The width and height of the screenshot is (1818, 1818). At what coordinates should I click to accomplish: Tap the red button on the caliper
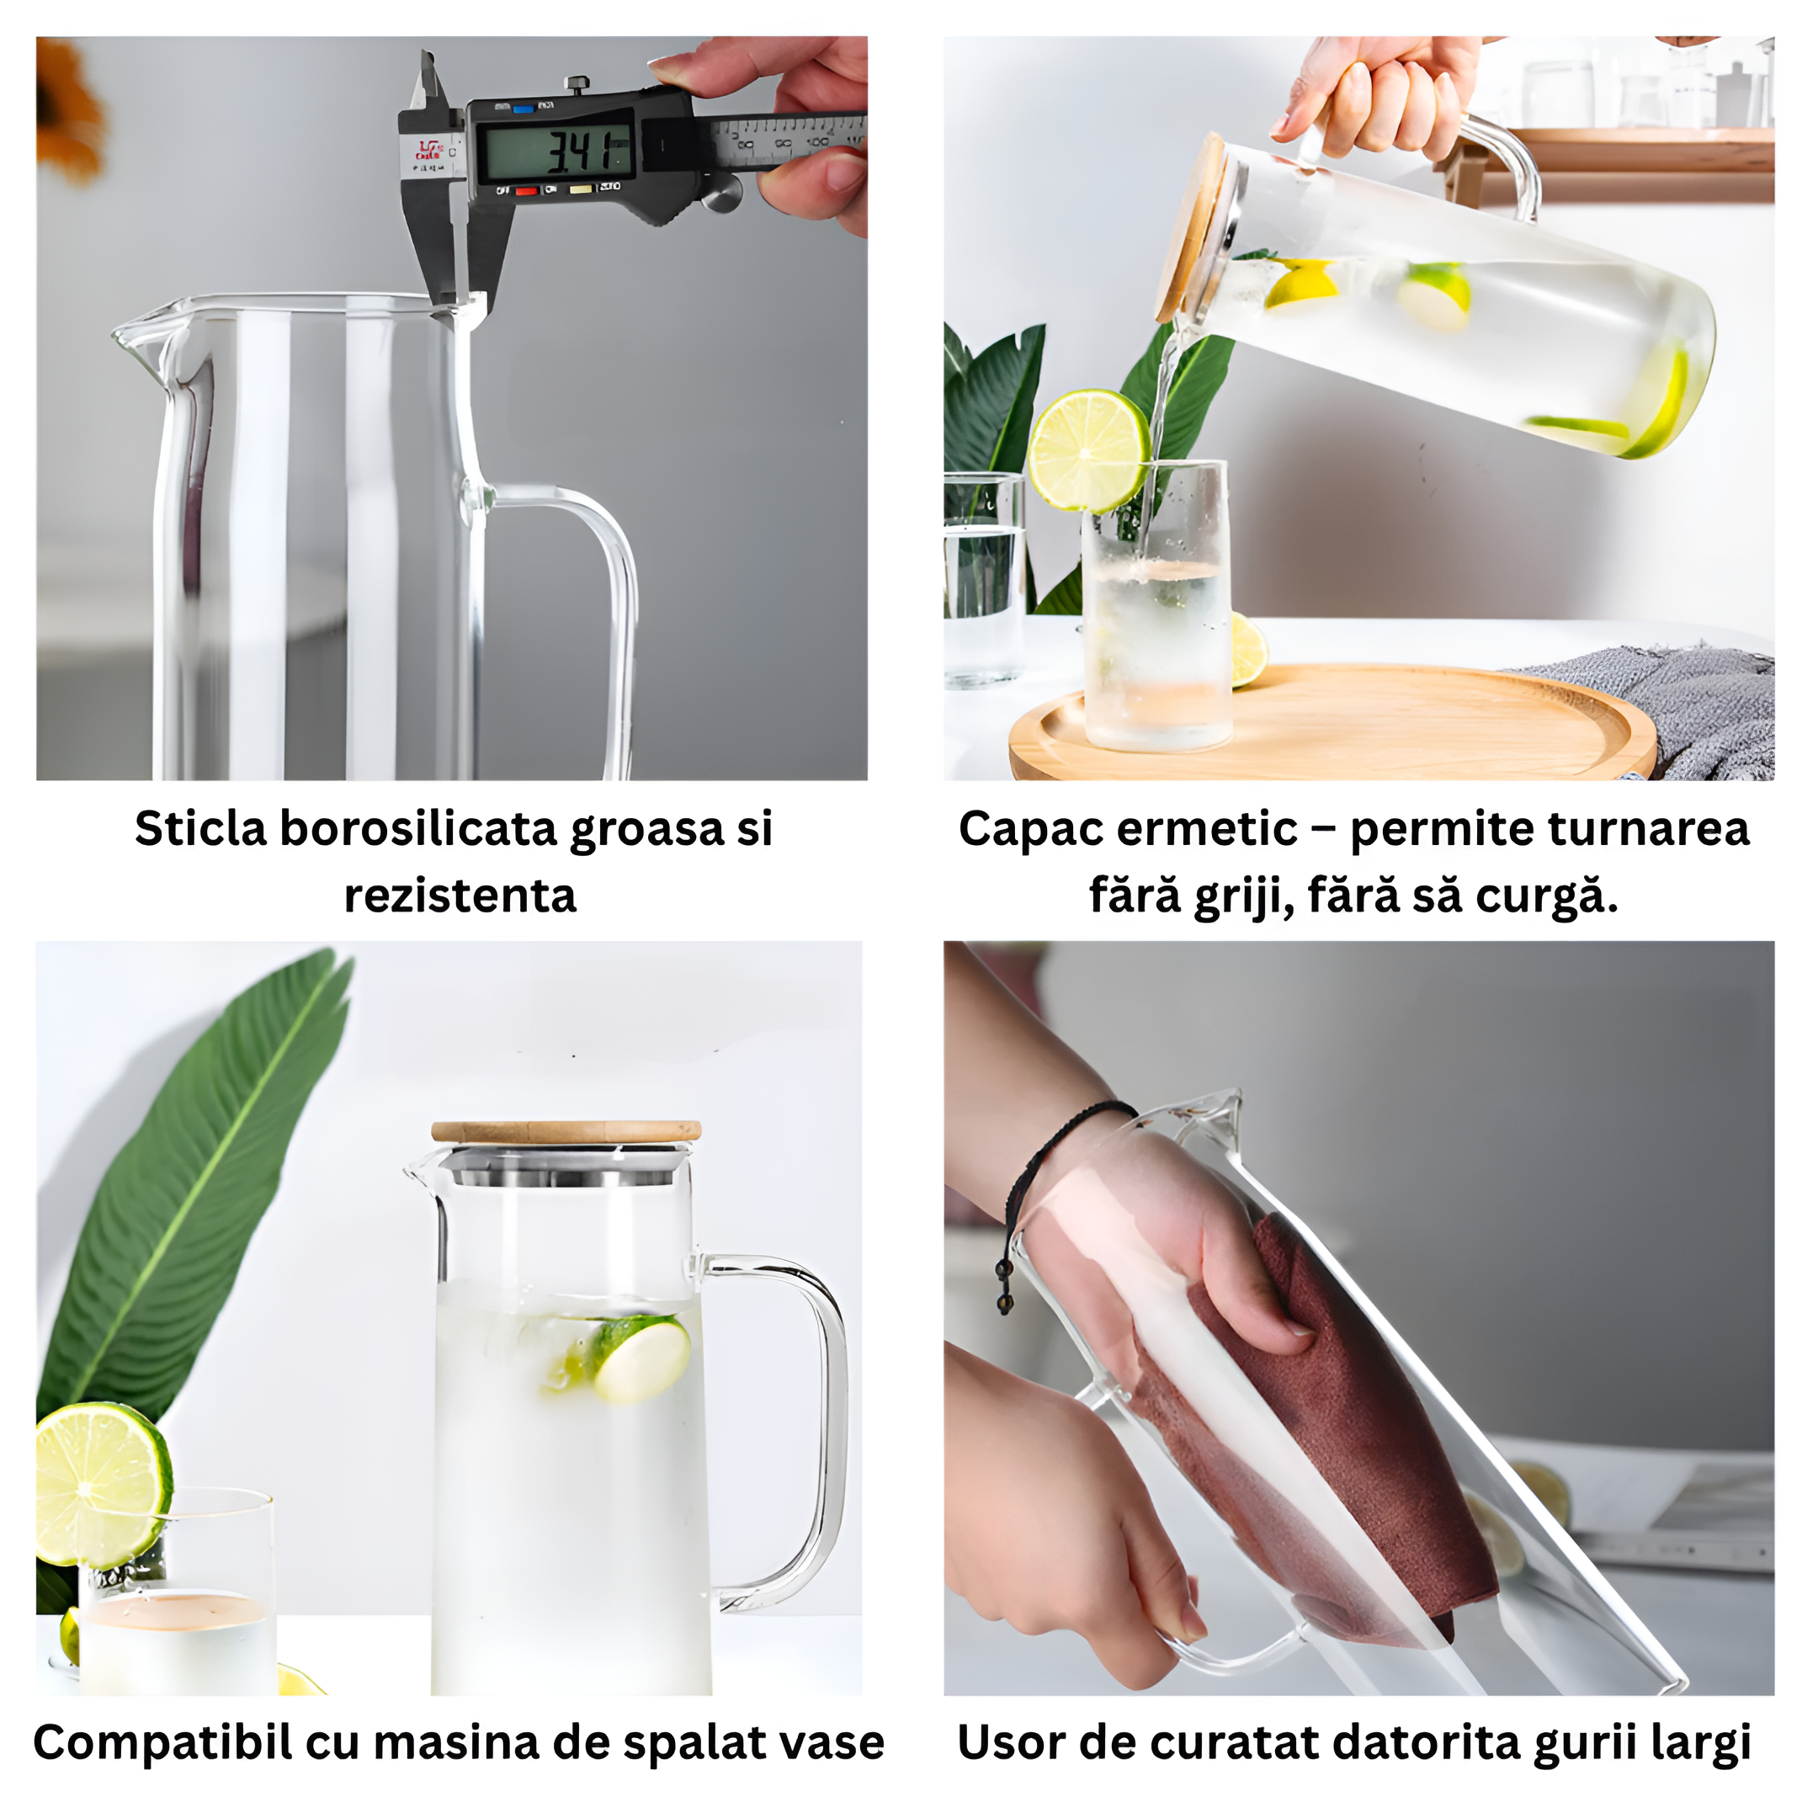point(526,191)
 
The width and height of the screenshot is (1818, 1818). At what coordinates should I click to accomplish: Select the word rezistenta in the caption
point(460,896)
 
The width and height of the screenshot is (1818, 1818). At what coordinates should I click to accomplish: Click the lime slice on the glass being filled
point(1087,452)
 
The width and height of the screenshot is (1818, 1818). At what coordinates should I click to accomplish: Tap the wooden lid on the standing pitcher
point(566,1131)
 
